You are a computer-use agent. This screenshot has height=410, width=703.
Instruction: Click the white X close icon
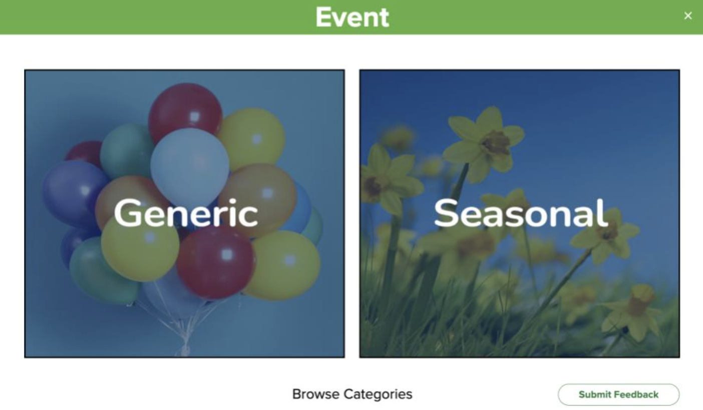tap(688, 16)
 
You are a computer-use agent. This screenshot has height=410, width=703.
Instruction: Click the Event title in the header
tap(352, 17)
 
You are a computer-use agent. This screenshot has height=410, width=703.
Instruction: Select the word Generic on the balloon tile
tap(186, 213)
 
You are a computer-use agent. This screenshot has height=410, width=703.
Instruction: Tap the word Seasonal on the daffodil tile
tap(521, 213)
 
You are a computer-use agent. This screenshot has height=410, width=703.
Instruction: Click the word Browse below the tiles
tap(315, 394)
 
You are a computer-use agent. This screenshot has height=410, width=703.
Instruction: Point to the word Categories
tap(378, 394)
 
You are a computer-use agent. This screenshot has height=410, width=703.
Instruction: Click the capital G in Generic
tap(129, 213)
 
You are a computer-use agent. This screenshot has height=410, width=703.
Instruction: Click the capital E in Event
tap(325, 17)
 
